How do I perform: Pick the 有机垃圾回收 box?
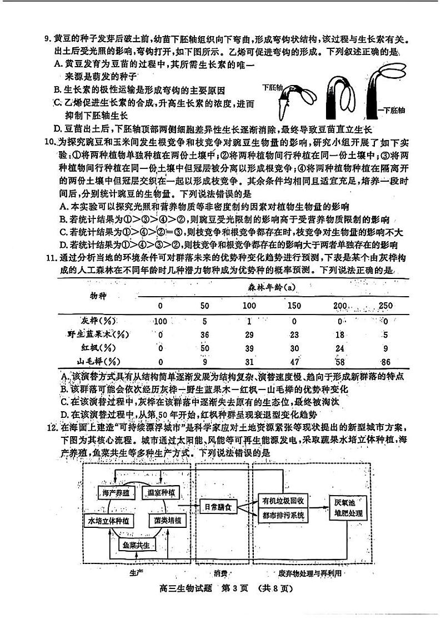284,500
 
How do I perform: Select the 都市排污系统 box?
284,515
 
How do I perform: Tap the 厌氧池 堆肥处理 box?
348,507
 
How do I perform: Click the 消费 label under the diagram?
220,573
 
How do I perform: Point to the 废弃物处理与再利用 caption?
310,573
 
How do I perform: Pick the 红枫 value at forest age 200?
340,348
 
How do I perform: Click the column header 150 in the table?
295,306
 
